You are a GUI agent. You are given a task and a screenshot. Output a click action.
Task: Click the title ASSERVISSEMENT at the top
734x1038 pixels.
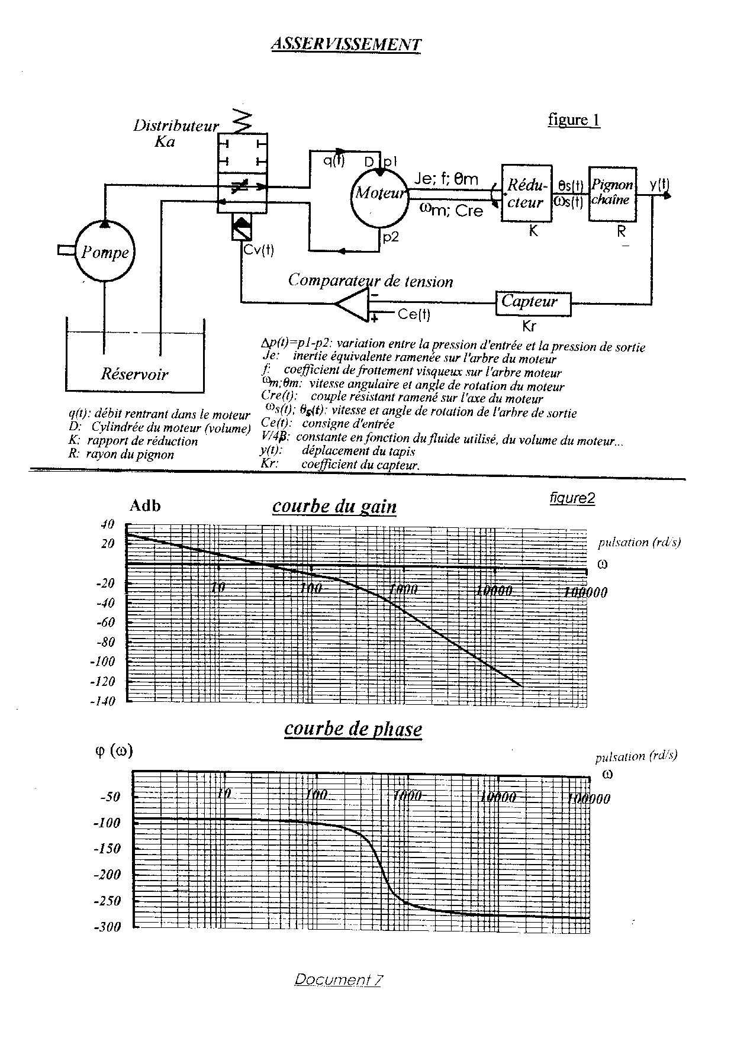coord(346,44)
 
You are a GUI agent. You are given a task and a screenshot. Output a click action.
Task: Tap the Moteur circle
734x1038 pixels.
coord(380,194)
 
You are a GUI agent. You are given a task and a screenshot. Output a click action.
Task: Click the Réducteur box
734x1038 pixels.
coord(526,194)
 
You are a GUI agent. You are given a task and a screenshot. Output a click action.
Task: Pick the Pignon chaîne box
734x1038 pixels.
coord(612,194)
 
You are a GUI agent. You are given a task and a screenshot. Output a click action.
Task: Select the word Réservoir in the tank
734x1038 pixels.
coord(134,374)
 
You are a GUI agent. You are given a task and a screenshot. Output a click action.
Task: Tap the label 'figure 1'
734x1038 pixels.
coord(574,120)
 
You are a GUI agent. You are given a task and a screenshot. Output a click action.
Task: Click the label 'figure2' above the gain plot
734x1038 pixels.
coord(572,498)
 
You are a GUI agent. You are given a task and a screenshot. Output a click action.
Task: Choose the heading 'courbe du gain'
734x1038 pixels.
coord(334,507)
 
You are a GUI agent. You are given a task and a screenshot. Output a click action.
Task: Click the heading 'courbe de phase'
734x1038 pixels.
coord(353,728)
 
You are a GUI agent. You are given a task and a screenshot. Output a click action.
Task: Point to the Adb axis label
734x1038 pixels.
coord(145,506)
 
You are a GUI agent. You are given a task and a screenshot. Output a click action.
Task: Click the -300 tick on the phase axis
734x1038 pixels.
coord(107,927)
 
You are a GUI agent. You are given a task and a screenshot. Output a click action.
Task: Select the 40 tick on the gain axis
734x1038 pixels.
coord(107,524)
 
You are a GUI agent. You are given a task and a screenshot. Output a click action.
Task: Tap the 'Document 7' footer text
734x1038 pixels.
coord(338,980)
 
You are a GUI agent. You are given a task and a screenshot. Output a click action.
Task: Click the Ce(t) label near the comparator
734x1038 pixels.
coord(414,314)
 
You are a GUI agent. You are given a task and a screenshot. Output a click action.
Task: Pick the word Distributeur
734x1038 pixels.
coord(176,125)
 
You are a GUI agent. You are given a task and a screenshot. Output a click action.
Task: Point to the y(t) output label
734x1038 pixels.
coord(659,184)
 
